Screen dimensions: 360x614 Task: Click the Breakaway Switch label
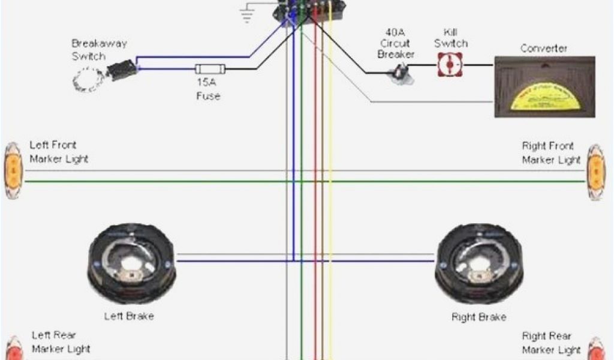coord(99,50)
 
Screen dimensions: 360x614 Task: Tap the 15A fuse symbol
coord(207,69)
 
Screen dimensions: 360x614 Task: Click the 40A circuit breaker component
coord(399,73)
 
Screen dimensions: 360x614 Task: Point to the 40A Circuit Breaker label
coord(396,43)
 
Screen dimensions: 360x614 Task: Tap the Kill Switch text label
coord(450,37)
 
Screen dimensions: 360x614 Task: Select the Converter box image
coord(544,86)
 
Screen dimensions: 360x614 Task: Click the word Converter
coord(544,48)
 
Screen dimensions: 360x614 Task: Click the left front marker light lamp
coord(13,170)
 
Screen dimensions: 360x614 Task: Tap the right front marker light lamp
coord(595,172)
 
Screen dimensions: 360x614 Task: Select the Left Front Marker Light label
coord(59,152)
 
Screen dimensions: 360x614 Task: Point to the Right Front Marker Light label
coord(551,152)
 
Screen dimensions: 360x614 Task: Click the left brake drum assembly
coord(132,262)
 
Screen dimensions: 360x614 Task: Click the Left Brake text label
coord(128,316)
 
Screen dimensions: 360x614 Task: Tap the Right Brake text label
coord(478,316)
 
